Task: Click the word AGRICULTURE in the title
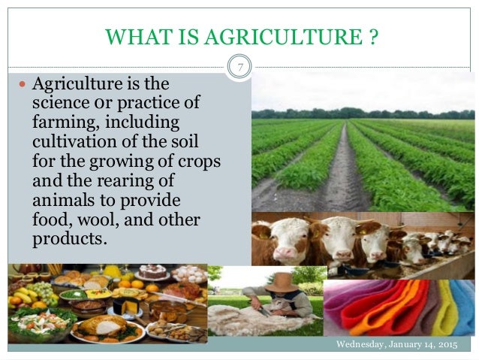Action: coord(304,35)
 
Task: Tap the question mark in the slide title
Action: coord(372,35)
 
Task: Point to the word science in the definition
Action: coord(55,102)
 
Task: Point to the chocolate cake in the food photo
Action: coord(155,271)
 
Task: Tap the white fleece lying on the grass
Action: coord(240,319)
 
